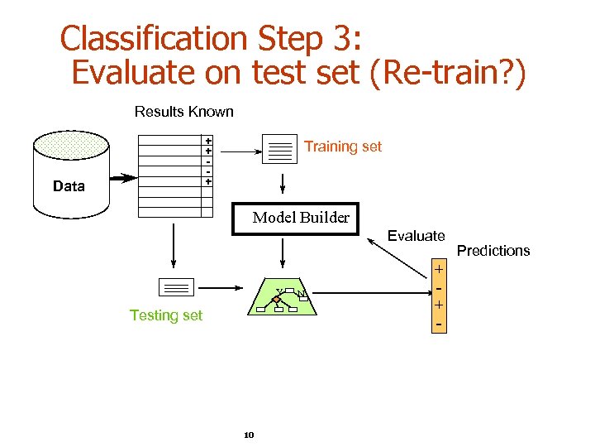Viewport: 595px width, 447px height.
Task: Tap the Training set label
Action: [342, 147]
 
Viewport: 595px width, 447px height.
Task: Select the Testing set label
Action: [166, 315]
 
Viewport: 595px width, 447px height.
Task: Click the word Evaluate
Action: [416, 236]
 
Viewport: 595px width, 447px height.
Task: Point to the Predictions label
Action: [493, 251]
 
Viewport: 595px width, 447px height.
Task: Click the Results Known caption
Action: [183, 112]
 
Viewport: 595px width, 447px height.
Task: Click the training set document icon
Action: [279, 149]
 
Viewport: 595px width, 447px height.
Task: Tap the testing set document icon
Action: [175, 287]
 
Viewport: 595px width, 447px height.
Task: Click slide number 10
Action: [249, 435]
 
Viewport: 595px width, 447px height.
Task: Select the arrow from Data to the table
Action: [123, 178]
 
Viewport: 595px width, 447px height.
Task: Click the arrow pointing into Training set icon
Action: [240, 151]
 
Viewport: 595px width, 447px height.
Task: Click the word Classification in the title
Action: [155, 39]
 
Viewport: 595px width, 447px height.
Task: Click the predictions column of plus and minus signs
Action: [439, 296]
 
